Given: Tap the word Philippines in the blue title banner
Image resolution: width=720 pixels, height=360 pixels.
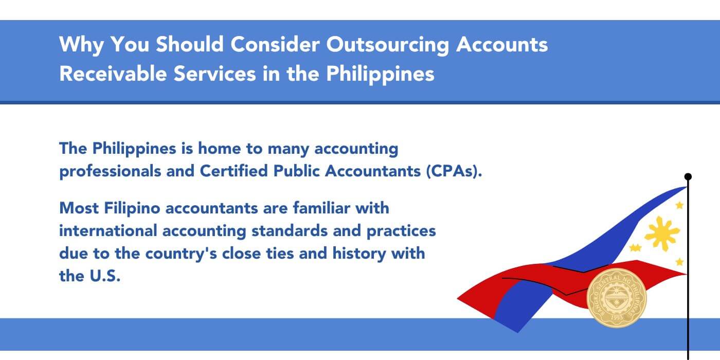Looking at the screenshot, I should (380, 74).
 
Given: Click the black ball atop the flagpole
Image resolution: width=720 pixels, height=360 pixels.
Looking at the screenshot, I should (688, 176).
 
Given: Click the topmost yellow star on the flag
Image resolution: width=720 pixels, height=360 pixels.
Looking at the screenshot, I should (679, 205).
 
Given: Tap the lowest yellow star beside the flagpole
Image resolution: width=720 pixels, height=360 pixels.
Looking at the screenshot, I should (679, 262).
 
